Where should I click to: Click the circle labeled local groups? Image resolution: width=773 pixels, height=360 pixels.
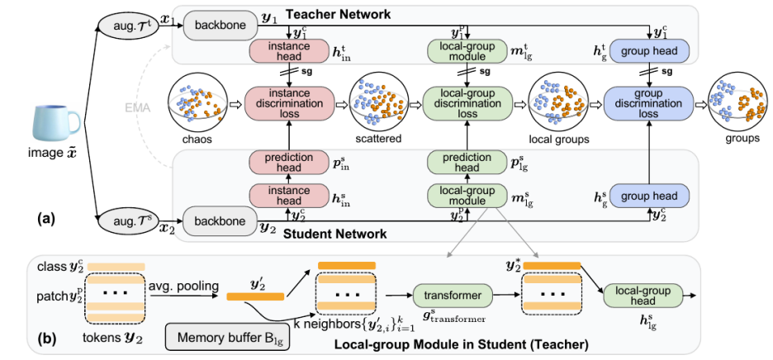pos(557,103)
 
